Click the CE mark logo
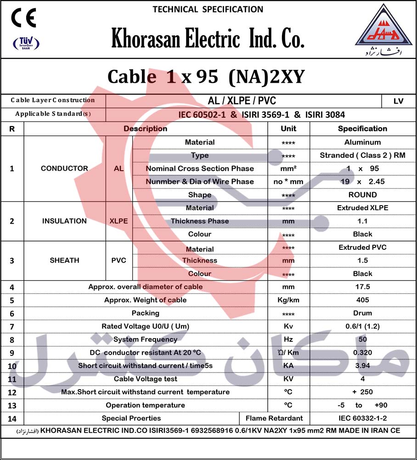coord(24,18)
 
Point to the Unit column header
coord(288,129)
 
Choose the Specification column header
coord(362,129)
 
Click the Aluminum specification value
coord(362,143)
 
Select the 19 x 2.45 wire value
coord(362,182)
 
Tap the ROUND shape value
coord(362,195)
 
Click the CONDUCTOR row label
coord(64,168)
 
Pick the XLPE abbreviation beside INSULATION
coord(118,221)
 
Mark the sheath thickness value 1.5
coord(362,260)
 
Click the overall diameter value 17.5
coord(362,287)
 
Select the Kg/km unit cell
coord(288,300)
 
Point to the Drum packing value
coord(362,313)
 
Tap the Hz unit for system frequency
coord(288,339)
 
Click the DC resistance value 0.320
coord(362,353)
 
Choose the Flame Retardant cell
coord(274,418)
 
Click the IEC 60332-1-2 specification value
coord(362,418)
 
